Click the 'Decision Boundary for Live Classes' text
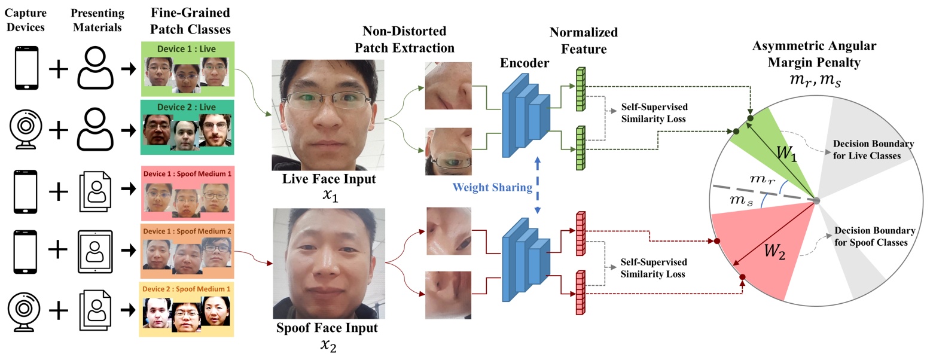872,151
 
